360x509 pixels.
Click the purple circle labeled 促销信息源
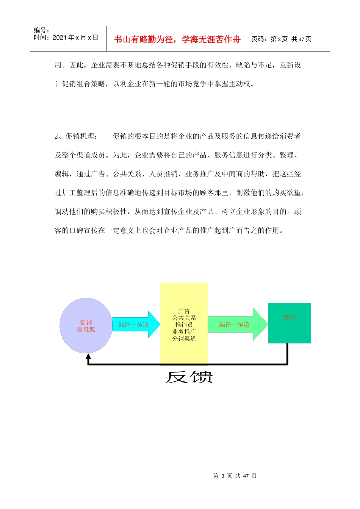pos(86,326)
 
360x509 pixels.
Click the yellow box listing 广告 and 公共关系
pos(184,324)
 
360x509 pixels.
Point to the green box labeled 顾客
pos(290,323)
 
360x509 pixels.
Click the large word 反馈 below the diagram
pos(189,377)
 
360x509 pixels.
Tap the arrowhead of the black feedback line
pos(88,356)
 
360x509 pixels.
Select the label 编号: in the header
pos(42,30)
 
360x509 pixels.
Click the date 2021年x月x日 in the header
pos(75,37)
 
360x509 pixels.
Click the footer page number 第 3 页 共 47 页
pos(235,476)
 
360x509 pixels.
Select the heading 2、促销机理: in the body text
pos(76,136)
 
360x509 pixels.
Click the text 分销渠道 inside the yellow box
pos(184,339)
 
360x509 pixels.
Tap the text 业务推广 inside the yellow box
pos(184,332)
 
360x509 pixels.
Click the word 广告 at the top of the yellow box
pos(184,311)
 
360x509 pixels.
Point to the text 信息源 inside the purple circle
pos(86,329)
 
